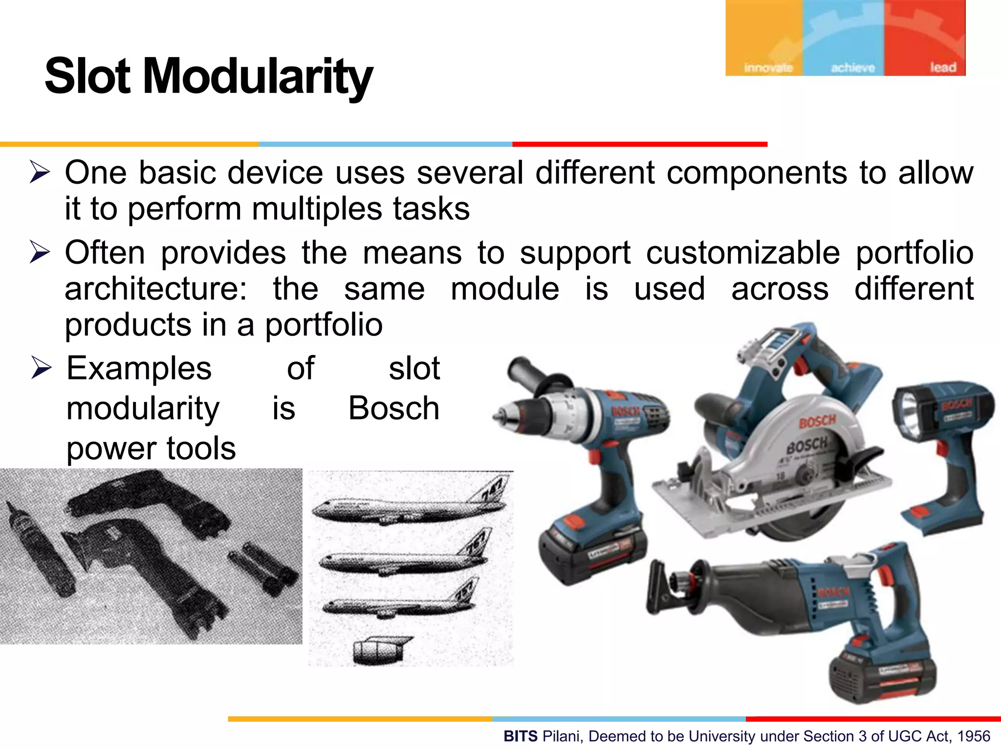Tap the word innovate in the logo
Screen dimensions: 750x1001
point(768,68)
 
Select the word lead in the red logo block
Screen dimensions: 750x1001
point(943,67)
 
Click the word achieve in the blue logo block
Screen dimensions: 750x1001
point(853,68)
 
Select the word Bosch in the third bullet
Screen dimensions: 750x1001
point(393,408)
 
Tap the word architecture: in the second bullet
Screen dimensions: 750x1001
point(156,289)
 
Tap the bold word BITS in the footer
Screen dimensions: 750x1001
point(521,736)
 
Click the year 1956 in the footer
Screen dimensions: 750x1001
point(974,736)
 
